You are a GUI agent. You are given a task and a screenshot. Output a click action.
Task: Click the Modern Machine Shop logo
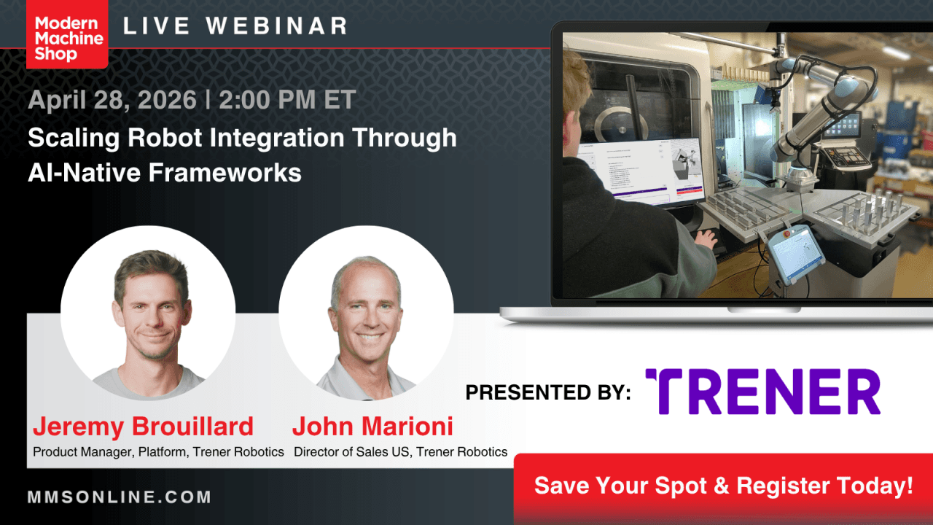[67, 34]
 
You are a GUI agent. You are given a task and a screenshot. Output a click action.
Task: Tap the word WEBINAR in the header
[276, 26]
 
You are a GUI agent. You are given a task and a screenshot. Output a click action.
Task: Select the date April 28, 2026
[112, 100]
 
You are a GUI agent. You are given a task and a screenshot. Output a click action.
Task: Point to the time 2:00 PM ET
[287, 100]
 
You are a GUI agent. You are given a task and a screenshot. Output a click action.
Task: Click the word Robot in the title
[165, 138]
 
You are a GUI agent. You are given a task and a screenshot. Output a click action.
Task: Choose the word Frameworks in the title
[225, 173]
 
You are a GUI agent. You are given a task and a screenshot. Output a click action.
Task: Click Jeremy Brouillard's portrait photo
[148, 313]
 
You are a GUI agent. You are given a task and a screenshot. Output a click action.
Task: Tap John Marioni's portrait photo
[366, 313]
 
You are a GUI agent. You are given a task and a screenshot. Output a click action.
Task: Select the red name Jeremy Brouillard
[143, 427]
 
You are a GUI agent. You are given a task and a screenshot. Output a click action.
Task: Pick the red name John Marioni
[372, 427]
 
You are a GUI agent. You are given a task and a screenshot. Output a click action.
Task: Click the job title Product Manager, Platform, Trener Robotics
[158, 452]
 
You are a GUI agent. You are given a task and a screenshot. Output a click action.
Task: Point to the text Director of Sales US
[351, 452]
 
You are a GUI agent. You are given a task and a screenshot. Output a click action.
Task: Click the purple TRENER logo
[763, 392]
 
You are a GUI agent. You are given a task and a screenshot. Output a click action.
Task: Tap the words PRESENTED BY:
[548, 392]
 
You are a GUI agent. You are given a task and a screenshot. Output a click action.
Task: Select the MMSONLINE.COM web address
[120, 497]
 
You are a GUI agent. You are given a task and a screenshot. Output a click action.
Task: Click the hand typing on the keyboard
[706, 238]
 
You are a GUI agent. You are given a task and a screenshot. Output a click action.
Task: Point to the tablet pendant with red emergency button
[795, 254]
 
